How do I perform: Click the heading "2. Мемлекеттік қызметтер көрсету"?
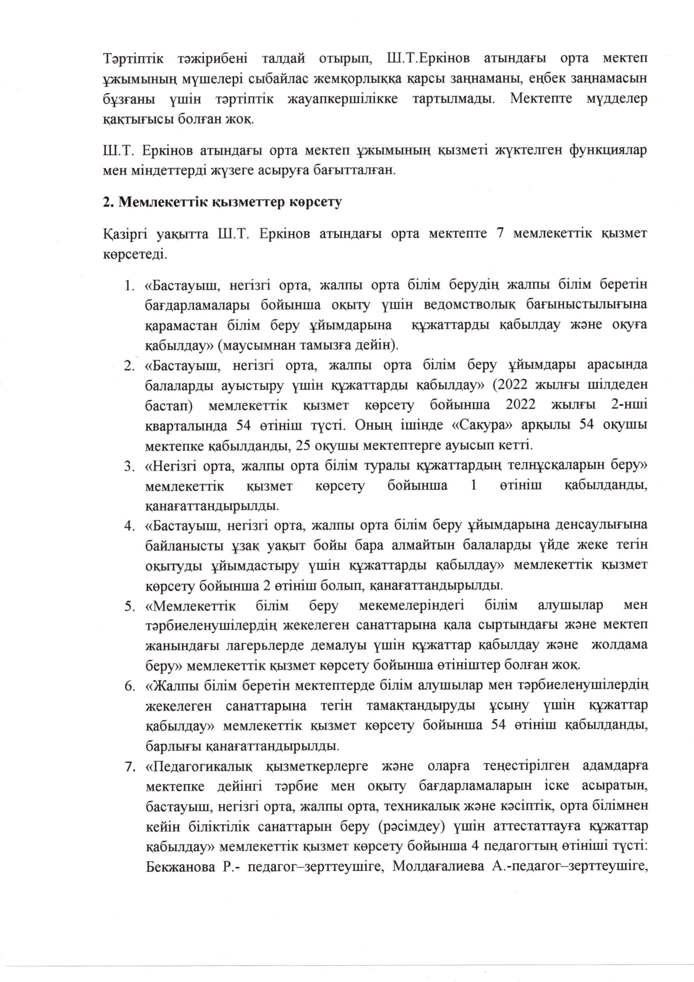pos(223,203)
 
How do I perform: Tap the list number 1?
pos(128,285)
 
